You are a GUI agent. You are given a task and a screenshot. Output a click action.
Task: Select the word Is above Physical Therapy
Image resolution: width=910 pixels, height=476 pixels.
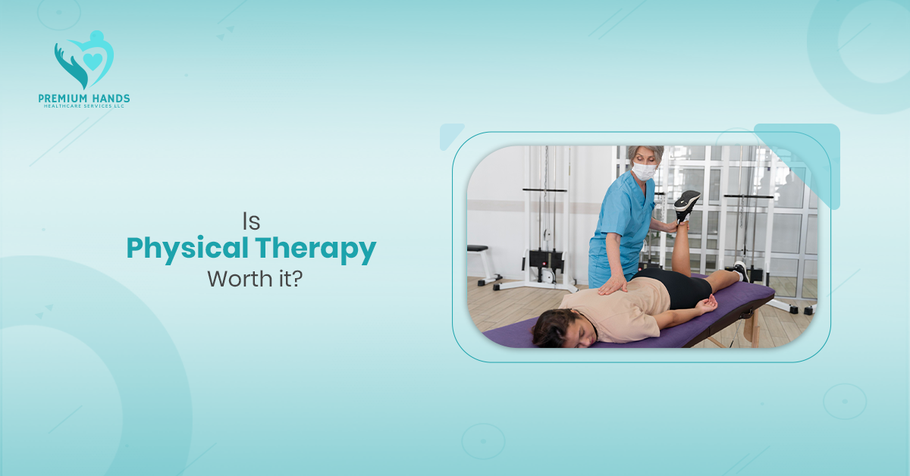tap(251, 221)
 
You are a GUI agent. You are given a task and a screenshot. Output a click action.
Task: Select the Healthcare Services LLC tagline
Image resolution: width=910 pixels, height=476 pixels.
tap(83, 107)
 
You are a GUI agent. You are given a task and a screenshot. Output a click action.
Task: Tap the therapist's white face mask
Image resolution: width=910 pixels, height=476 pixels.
tap(643, 171)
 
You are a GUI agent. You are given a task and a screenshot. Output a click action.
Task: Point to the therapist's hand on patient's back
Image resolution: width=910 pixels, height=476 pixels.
tap(612, 287)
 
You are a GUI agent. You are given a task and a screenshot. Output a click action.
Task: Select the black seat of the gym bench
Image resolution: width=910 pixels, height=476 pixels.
tap(477, 248)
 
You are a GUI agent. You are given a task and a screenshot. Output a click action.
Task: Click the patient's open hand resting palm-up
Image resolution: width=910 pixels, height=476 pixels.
tap(707, 305)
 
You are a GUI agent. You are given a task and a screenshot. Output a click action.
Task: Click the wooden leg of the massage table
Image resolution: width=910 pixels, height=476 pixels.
tap(752, 327)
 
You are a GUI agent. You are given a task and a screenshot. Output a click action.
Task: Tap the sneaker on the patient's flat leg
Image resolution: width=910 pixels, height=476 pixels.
tap(740, 270)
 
